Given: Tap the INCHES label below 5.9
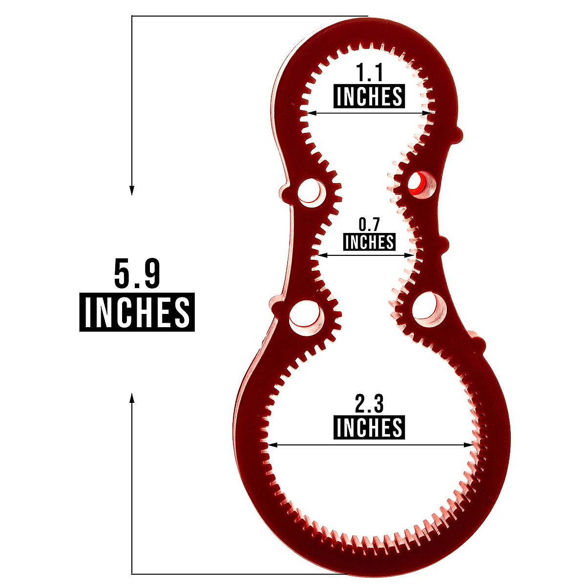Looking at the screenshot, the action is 137,312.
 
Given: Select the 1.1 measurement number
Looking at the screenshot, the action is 370,74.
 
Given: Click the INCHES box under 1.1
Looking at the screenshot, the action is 369,97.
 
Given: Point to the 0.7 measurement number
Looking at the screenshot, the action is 369,225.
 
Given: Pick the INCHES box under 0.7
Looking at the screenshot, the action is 369,242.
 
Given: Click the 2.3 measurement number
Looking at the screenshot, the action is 369,405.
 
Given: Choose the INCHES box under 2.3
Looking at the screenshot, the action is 369,428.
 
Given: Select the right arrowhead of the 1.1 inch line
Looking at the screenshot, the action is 429,113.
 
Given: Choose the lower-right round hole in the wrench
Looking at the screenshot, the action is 427,308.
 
